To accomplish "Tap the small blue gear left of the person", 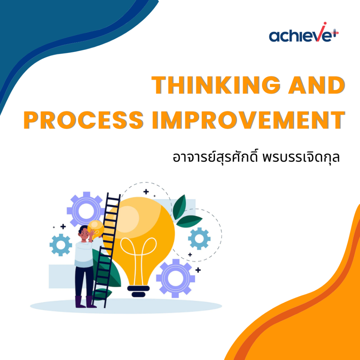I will pyautogui.click(x=60, y=245).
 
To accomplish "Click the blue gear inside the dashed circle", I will pyautogui.click(x=199, y=239).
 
